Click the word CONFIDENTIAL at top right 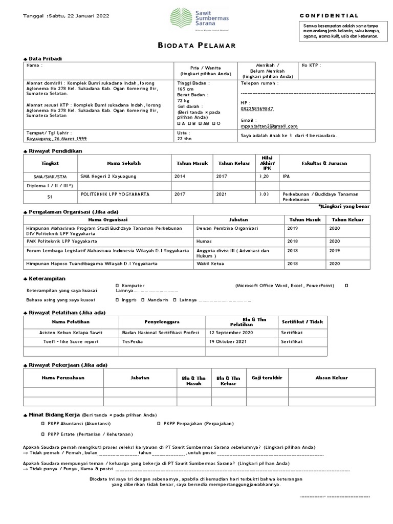[x=329, y=16]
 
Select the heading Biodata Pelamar [x=196, y=46]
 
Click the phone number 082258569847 [x=257, y=109]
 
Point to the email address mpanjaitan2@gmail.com [x=269, y=126]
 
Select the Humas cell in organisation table [x=204, y=241]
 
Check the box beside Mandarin [x=143, y=300]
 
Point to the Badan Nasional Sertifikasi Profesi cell [x=160, y=332]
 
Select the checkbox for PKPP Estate [x=43, y=434]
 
